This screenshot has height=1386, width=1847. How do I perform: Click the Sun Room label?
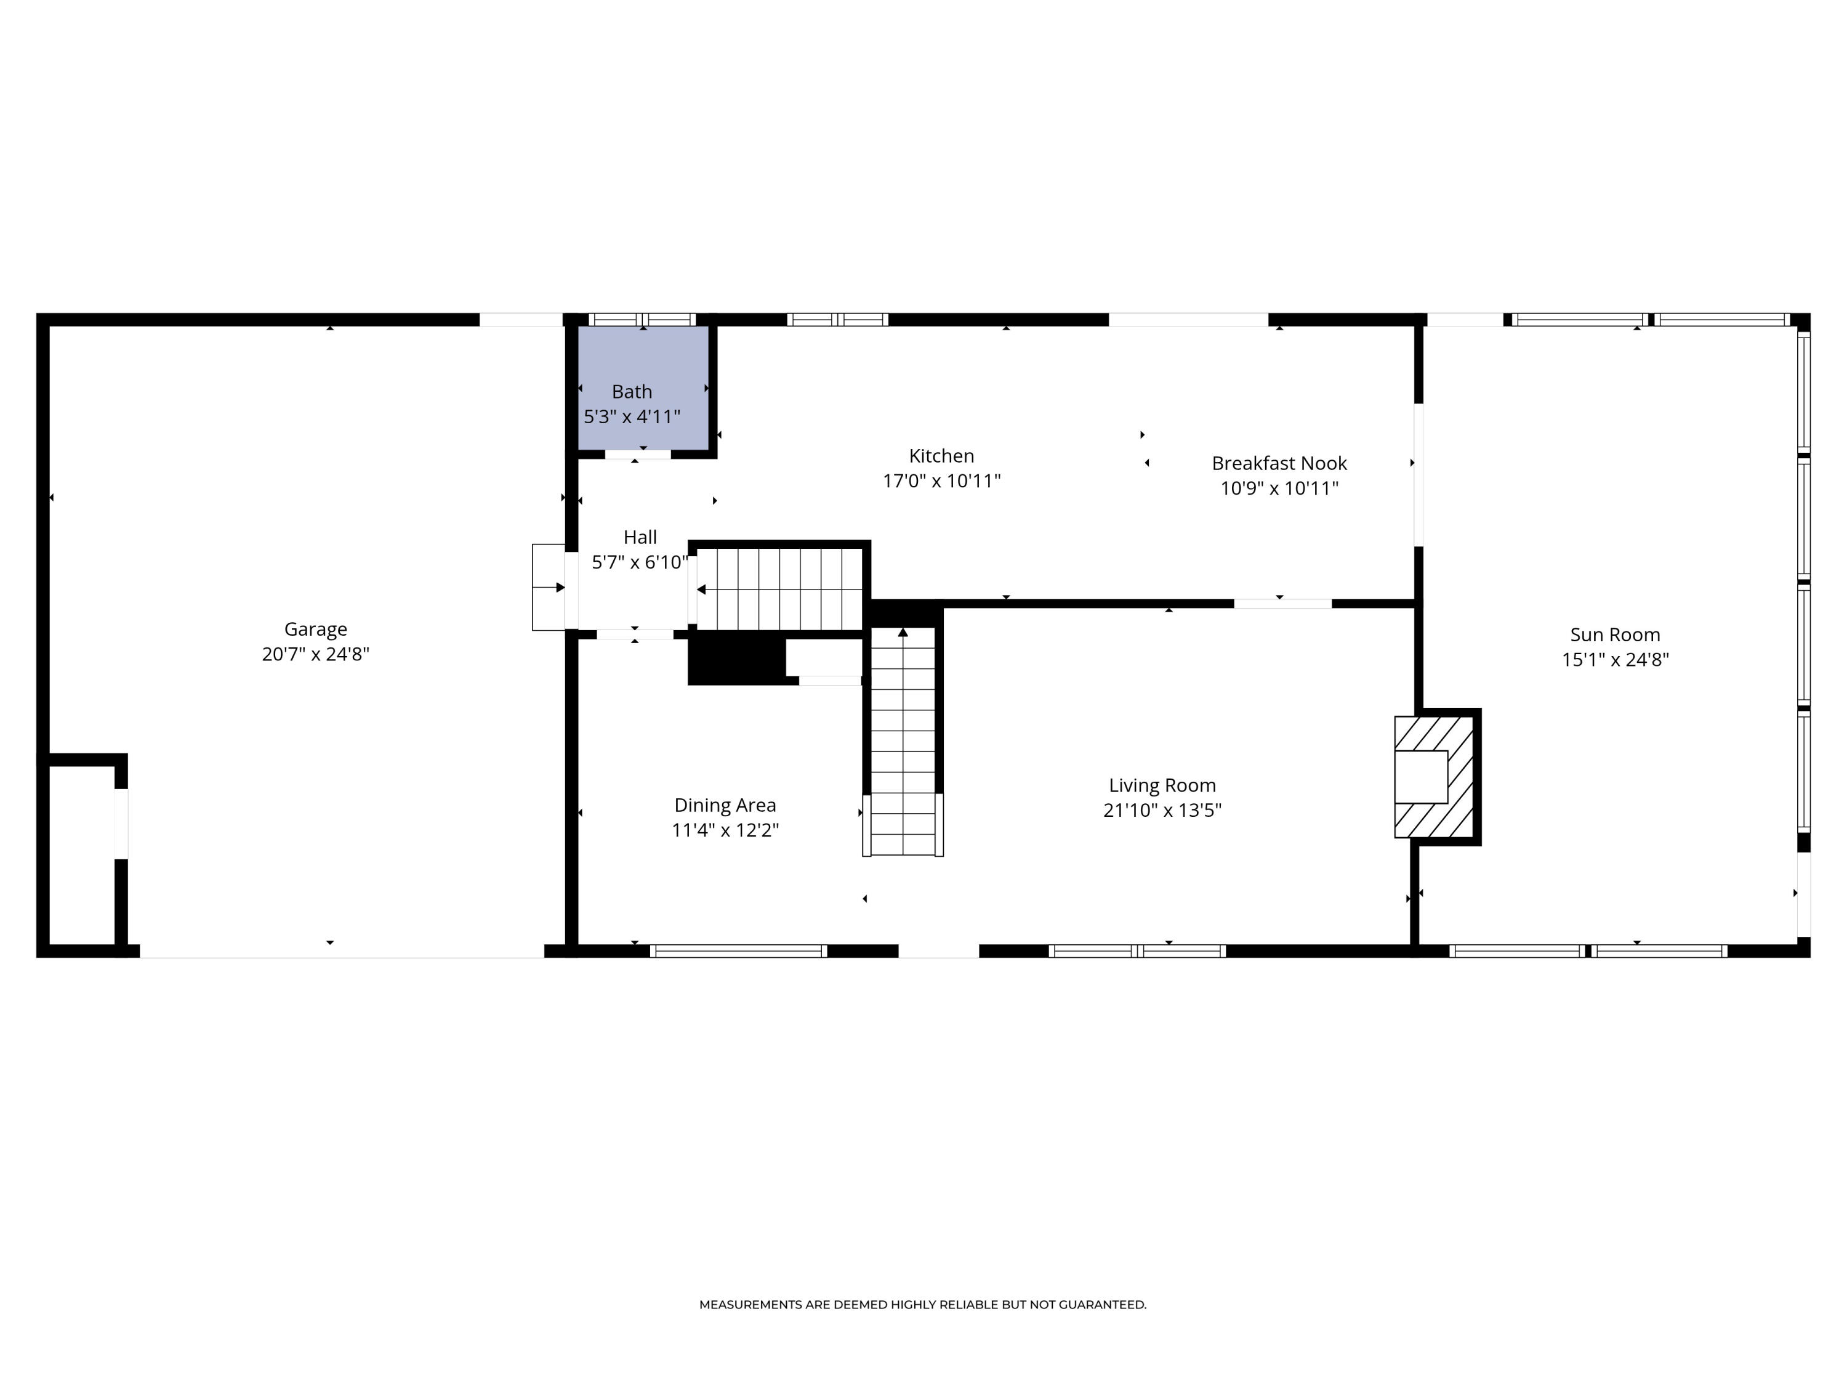(x=1614, y=635)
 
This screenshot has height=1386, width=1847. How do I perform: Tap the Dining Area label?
(x=725, y=805)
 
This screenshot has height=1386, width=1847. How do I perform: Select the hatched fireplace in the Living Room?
(x=1433, y=776)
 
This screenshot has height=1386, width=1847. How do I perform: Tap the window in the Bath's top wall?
(x=642, y=319)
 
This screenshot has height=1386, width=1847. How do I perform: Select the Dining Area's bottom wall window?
(x=738, y=950)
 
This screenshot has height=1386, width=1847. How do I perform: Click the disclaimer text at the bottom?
(x=923, y=1305)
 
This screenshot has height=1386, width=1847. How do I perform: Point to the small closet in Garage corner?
(x=81, y=854)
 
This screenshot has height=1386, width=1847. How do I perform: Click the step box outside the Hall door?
(x=549, y=587)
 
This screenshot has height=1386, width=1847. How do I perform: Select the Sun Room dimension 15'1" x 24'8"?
(x=1614, y=660)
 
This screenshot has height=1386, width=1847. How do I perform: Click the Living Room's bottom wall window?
(x=1137, y=950)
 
